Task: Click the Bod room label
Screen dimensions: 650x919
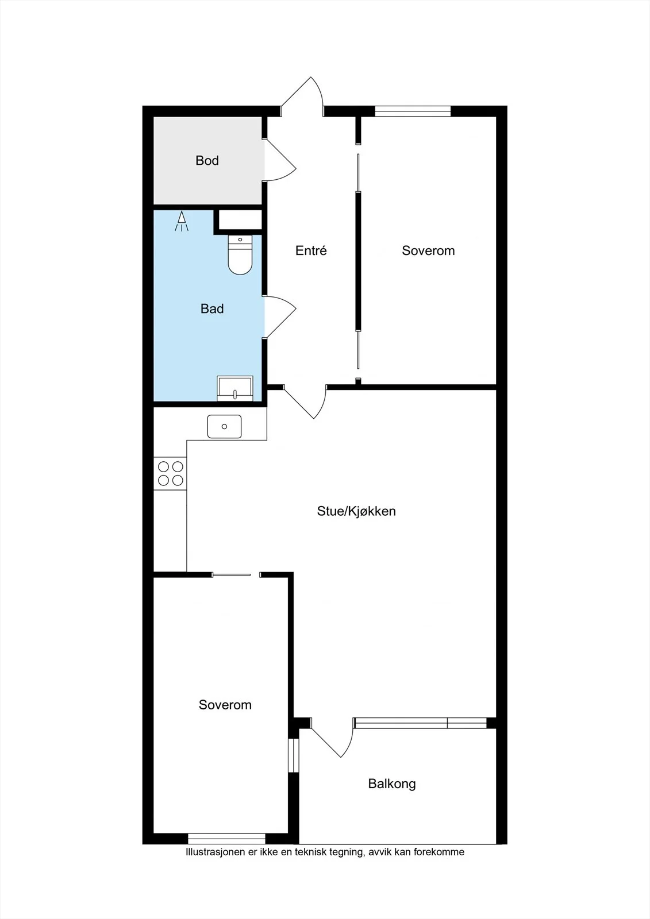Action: pos(207,160)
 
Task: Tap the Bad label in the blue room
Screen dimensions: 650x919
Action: pos(212,308)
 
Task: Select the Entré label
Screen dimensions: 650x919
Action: pos(311,250)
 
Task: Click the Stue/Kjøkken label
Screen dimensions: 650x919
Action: pos(356,511)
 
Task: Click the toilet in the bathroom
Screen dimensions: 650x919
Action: pos(240,255)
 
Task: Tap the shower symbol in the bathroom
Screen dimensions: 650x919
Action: pos(182,221)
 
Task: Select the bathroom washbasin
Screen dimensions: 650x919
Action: pos(235,388)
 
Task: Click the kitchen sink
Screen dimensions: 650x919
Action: pos(224,426)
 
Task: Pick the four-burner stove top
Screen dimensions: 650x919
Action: pos(171,473)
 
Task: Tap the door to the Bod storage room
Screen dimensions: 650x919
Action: pos(279,160)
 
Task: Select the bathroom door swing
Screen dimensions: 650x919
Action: pos(279,316)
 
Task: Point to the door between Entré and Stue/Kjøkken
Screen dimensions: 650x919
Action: pos(305,401)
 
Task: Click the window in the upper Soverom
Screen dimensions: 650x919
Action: pos(413,111)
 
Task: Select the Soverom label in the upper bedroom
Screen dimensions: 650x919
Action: pos(428,250)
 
